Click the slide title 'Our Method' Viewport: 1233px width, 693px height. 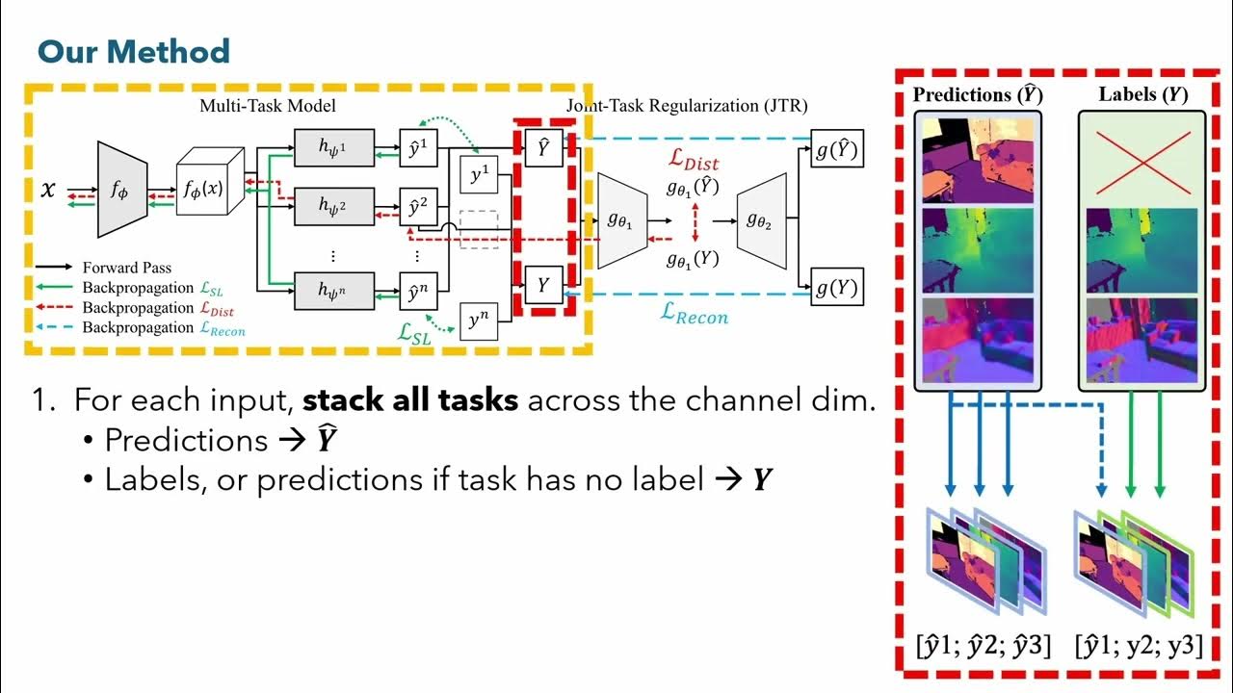pyautogui.click(x=133, y=51)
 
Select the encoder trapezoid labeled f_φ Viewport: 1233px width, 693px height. pyautogui.click(x=119, y=190)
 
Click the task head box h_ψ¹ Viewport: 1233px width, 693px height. pyautogui.click(x=332, y=147)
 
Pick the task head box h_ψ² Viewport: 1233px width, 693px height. pyautogui.click(x=332, y=204)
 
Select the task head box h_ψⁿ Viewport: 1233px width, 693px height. pyautogui.click(x=332, y=289)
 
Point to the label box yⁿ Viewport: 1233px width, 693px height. pyautogui.click(x=478, y=321)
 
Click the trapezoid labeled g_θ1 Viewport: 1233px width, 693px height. pyautogui.click(x=621, y=220)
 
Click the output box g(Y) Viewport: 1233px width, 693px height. pyautogui.click(x=836, y=288)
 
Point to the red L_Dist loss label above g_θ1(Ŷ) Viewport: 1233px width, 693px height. pyautogui.click(x=694, y=160)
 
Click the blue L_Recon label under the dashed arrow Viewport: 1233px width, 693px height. pyautogui.click(x=694, y=314)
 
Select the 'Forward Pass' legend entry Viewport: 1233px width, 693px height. pyautogui.click(x=127, y=268)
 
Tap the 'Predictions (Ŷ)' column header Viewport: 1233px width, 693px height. pyautogui.click(x=977, y=94)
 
